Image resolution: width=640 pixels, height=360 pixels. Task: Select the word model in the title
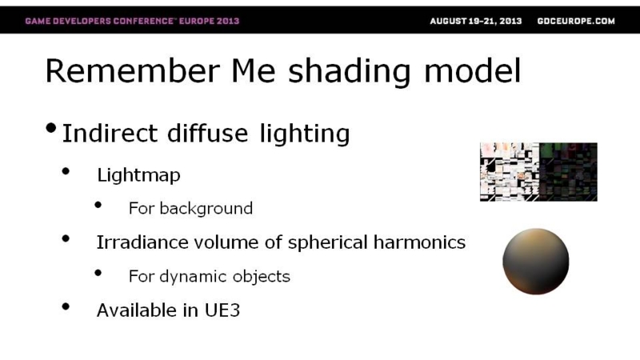click(x=473, y=70)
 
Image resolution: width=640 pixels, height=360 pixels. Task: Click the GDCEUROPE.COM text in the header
click(x=576, y=21)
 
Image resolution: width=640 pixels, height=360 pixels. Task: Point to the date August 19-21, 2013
click(x=476, y=21)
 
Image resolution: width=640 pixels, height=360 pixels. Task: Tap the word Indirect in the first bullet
click(x=110, y=133)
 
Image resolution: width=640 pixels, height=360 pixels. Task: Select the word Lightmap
click(x=138, y=175)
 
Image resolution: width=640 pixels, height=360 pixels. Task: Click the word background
click(x=206, y=208)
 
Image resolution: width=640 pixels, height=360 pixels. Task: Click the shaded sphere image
click(x=536, y=262)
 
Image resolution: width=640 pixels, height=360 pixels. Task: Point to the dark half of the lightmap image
click(x=568, y=172)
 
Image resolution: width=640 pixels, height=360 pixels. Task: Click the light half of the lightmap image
click(x=510, y=172)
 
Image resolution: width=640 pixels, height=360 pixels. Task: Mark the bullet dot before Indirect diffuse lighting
click(x=51, y=128)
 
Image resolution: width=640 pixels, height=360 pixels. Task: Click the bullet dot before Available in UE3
click(x=66, y=306)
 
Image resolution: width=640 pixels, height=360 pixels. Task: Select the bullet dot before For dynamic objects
click(x=98, y=273)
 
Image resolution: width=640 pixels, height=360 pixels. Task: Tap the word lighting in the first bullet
click(x=305, y=134)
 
